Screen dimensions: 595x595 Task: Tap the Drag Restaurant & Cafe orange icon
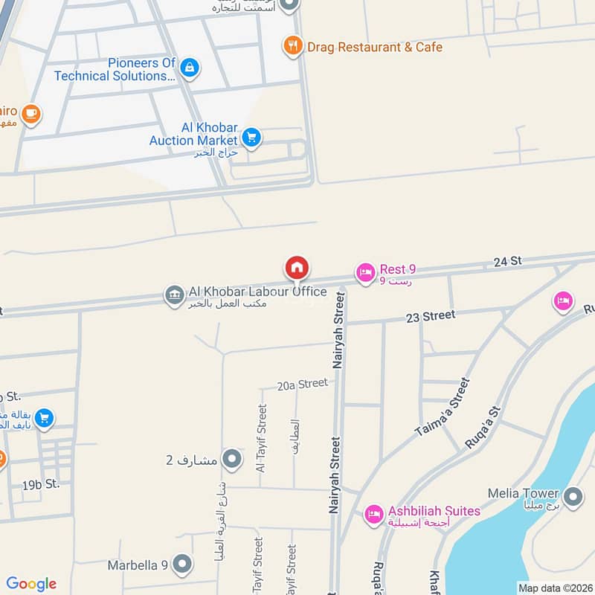(x=292, y=47)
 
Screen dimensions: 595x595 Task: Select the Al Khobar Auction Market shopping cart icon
(x=251, y=138)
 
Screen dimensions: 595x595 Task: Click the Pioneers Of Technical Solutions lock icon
(x=190, y=68)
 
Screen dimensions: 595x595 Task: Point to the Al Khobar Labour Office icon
(x=174, y=295)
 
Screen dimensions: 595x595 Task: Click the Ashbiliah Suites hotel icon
(x=373, y=514)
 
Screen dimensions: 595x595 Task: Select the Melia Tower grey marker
(x=573, y=496)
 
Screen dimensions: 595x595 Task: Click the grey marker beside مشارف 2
(x=232, y=459)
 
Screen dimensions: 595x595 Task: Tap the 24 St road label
(x=508, y=261)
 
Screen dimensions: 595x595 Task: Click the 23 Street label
(x=431, y=315)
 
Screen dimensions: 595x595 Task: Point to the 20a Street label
(x=302, y=384)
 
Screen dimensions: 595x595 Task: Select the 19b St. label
(x=40, y=484)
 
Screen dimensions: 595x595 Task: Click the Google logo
(x=31, y=584)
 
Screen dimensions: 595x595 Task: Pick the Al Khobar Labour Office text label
(x=248, y=292)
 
